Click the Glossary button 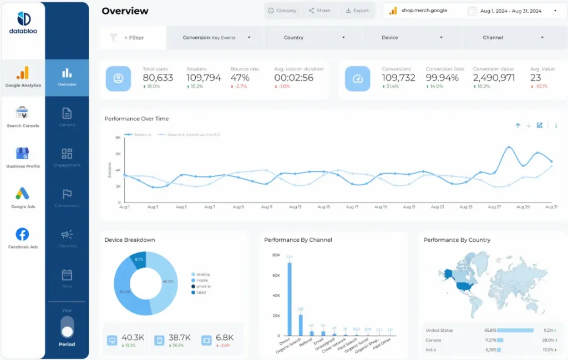tap(282, 11)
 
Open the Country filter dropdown tap(313, 38)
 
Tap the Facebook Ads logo tap(23, 234)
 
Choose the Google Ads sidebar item tap(23, 194)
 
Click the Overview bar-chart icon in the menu tap(67, 73)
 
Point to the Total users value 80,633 tap(158, 78)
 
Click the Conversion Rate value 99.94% tap(442, 78)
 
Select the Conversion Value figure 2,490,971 tap(494, 78)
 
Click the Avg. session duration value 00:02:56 tap(293, 78)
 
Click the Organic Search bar tap(301, 325)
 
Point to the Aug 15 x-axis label tap(324, 207)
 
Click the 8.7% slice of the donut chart tap(139, 260)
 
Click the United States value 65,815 tap(490, 330)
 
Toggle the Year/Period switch tap(67, 327)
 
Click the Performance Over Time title tap(136, 119)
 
